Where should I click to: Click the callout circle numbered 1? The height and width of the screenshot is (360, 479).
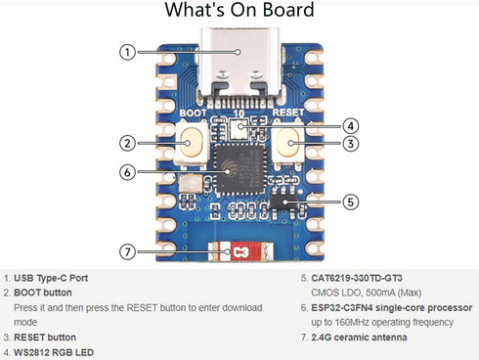(126, 51)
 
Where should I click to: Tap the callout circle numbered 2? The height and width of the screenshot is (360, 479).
(126, 143)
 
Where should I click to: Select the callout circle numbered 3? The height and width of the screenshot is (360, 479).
(351, 143)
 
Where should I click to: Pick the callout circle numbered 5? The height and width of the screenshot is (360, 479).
(351, 202)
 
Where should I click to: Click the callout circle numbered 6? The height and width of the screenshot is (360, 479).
(126, 171)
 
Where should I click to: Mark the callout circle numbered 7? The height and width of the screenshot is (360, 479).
(126, 251)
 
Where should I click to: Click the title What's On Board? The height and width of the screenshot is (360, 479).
(239, 12)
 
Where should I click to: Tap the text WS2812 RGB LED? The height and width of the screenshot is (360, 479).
(57, 351)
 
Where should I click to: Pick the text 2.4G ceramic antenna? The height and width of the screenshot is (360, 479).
(371, 337)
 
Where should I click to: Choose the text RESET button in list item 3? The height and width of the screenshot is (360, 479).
(44, 337)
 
